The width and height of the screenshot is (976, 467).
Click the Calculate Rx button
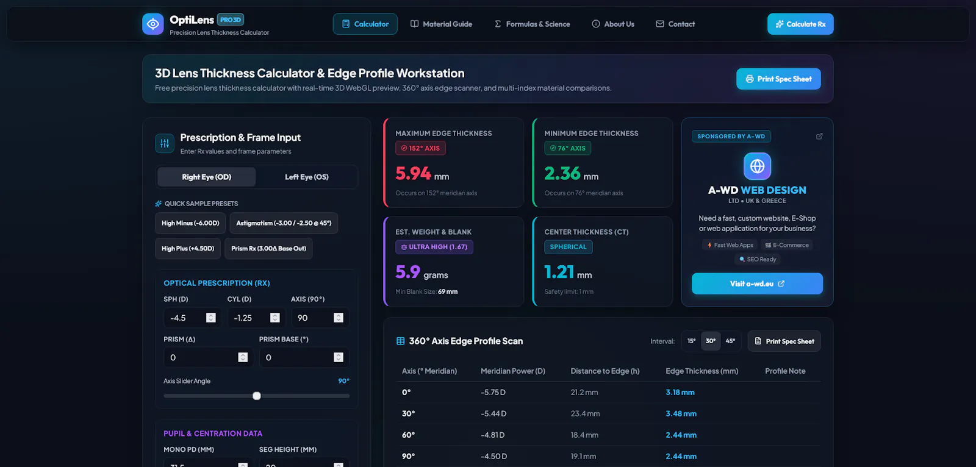(800, 24)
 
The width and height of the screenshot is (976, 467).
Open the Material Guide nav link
(441, 24)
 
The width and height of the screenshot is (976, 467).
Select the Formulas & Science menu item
(532, 24)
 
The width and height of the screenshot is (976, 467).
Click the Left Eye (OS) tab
(307, 177)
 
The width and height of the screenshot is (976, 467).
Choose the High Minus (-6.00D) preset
(190, 223)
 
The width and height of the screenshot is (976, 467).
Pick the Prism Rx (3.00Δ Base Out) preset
(268, 248)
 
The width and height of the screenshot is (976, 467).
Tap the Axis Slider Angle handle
(257, 396)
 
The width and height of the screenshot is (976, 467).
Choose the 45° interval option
(730, 341)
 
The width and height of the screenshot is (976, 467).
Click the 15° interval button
(692, 341)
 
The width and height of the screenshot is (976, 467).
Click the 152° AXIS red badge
(420, 148)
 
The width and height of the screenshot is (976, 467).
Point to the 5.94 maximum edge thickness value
(413, 173)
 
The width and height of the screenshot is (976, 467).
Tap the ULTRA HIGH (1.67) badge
(434, 247)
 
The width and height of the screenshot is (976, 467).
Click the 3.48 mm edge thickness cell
(681, 413)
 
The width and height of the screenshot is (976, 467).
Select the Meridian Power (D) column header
(513, 371)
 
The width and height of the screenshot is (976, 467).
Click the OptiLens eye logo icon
(153, 24)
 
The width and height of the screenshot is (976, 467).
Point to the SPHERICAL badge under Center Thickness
(568, 247)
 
